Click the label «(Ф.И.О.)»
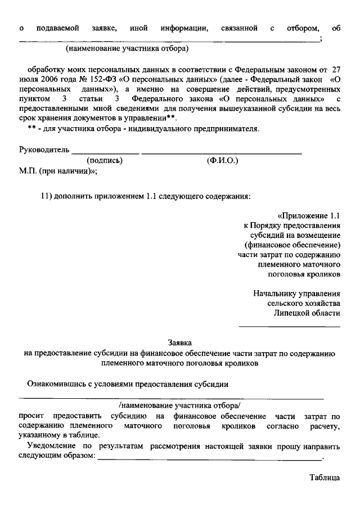[x=223, y=160]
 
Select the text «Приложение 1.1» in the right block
[x=310, y=215]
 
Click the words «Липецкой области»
[x=307, y=313]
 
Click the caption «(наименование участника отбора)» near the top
[x=126, y=49]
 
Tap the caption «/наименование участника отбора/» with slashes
[x=179, y=405]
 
